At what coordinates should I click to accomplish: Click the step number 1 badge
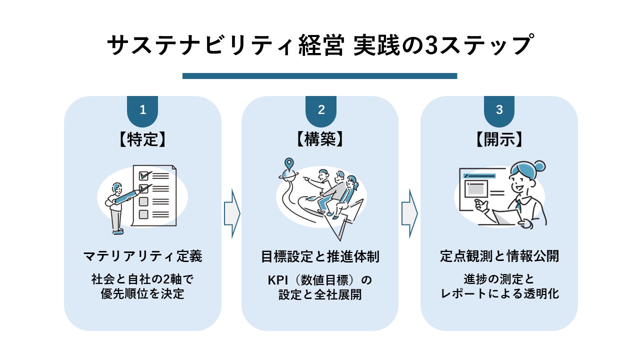point(142,110)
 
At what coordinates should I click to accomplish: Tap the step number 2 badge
point(320,110)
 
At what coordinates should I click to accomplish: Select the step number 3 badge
point(499,110)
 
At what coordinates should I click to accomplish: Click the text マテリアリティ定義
point(142,257)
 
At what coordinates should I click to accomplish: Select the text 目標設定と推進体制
point(320,257)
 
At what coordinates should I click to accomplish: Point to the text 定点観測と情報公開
point(499,257)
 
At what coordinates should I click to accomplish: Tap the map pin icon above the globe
point(288,163)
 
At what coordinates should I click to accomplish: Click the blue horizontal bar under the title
point(319,76)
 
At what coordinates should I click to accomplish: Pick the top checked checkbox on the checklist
point(144,175)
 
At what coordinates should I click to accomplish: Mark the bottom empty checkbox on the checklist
point(143,214)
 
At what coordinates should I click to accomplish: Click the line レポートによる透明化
point(499,294)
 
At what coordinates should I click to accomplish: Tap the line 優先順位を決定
point(142,294)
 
